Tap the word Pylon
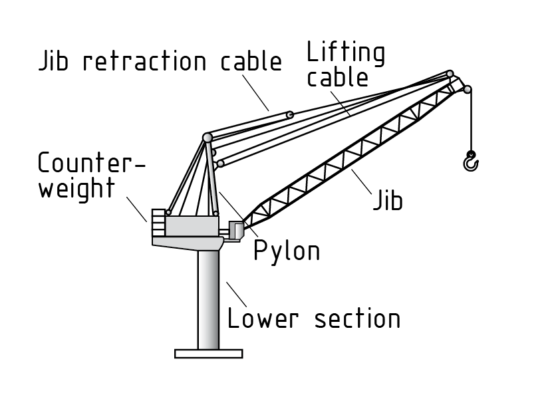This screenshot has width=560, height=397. (x=287, y=250)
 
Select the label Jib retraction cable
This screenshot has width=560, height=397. (x=160, y=61)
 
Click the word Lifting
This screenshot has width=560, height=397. (x=346, y=53)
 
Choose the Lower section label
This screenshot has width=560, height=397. (x=313, y=318)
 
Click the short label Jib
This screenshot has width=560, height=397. (x=387, y=200)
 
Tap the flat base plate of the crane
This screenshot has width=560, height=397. (x=208, y=353)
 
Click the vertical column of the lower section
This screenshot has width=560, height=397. (x=208, y=299)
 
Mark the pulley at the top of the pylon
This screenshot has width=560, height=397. (x=208, y=137)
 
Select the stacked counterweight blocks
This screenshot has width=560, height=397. (x=158, y=221)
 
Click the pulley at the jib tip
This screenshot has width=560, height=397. (x=467, y=89)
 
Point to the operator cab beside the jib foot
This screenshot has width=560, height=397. (x=236, y=230)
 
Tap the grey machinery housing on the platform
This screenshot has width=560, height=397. (x=192, y=225)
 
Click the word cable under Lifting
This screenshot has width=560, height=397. (x=346, y=76)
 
